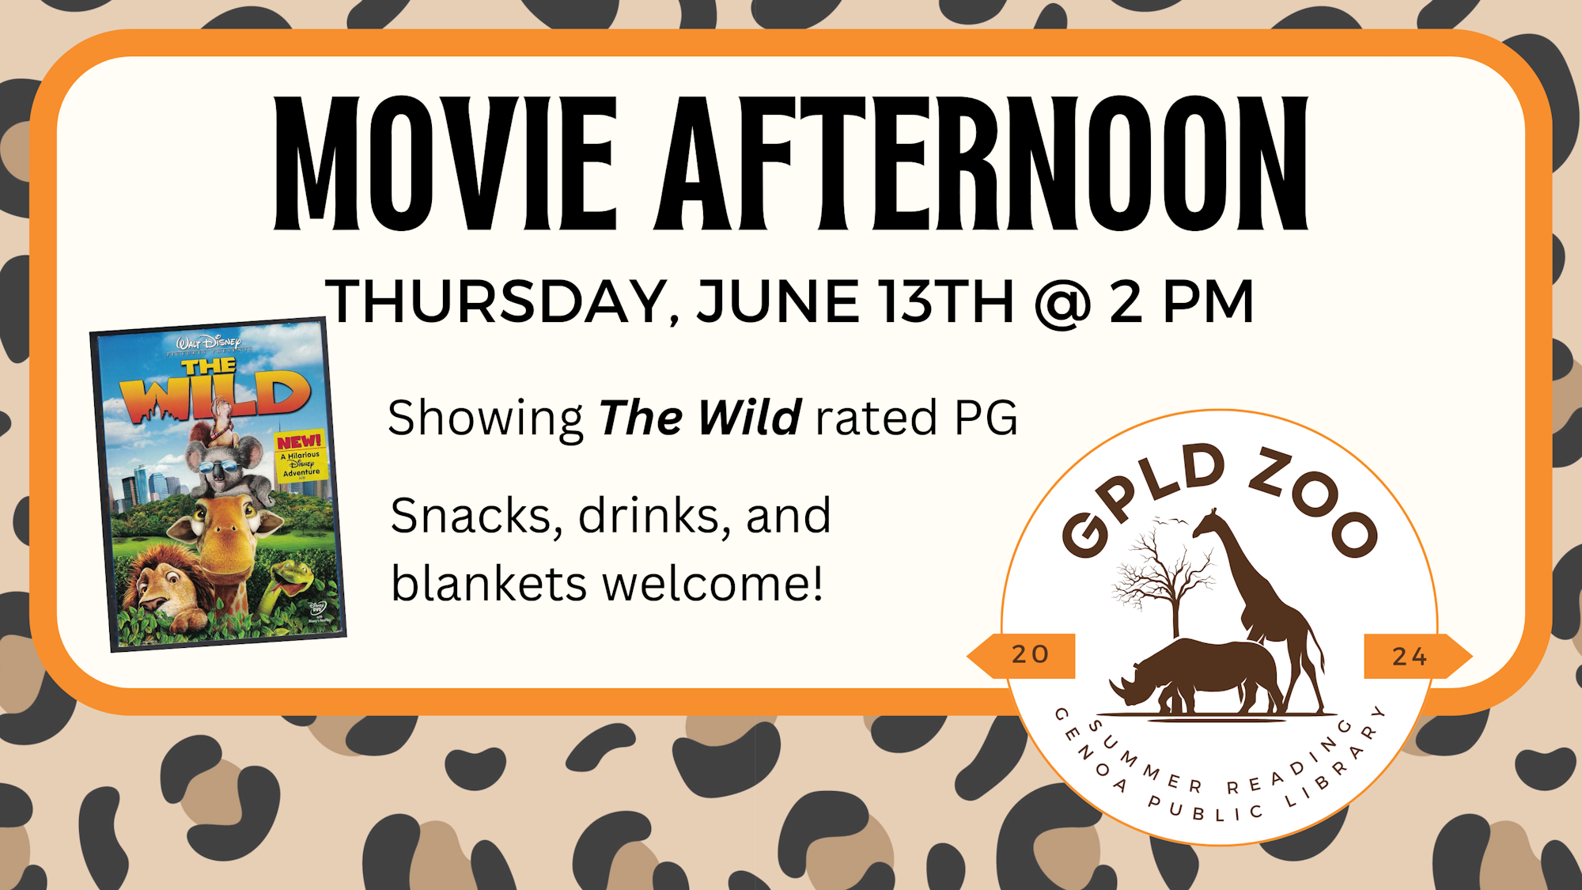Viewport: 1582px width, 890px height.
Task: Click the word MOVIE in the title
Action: pos(445,164)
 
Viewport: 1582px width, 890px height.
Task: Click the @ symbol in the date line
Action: pos(1062,303)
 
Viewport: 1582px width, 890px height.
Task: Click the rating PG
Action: pos(986,418)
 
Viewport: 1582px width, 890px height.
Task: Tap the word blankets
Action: pos(489,584)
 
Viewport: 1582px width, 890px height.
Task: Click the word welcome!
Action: pos(713,584)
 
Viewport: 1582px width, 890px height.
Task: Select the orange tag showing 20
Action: pos(1022,656)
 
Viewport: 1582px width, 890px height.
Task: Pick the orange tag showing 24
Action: pos(1417,656)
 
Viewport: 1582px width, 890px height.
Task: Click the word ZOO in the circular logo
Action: pos(1314,502)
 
